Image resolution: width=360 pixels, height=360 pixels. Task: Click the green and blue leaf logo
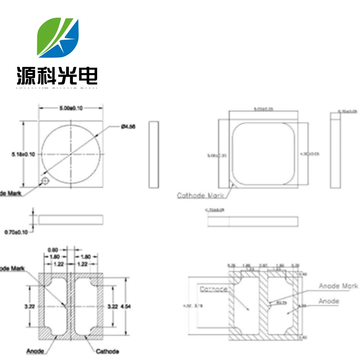58,37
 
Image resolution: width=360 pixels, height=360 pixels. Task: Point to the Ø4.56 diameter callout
128,126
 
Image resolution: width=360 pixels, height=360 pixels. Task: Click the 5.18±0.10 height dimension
23,154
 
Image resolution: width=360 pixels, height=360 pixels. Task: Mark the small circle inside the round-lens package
45,180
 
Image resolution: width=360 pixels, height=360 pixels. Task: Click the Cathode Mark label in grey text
200,195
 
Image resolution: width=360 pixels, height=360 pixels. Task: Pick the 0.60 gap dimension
53,249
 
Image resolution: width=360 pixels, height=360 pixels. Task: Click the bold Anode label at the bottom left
35,351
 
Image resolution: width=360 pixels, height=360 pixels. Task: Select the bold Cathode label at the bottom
107,351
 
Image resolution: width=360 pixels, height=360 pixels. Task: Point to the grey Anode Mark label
338,286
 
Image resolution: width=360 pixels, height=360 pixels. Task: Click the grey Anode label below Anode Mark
329,301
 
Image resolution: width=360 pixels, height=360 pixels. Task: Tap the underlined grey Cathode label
213,289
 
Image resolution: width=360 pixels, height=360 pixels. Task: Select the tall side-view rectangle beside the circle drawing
154,154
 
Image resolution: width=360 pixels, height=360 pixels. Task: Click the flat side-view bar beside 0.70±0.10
71,219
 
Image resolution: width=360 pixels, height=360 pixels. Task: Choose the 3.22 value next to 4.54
113,307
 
